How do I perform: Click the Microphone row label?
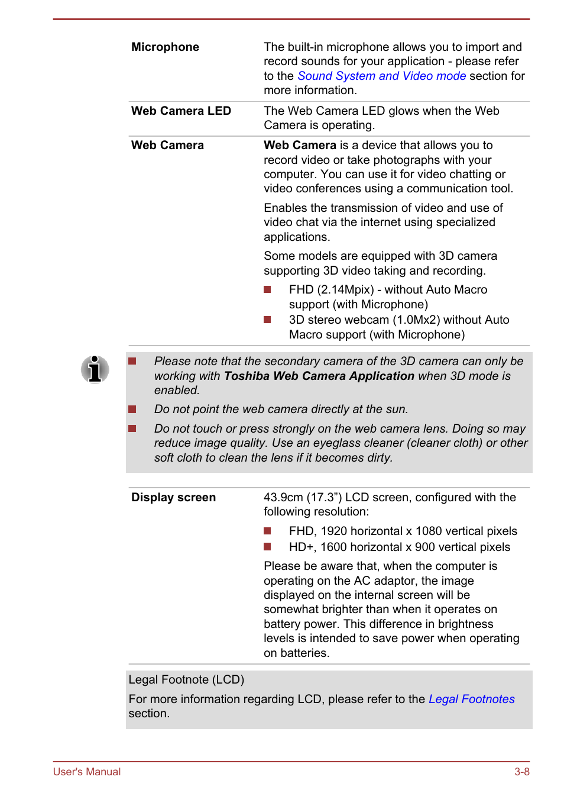click(165, 47)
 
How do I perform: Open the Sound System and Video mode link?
click(381, 76)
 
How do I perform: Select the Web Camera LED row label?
click(181, 111)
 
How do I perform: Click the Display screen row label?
click(173, 498)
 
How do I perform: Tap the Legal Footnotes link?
click(471, 700)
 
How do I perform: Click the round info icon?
click(95, 369)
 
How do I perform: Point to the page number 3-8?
click(521, 772)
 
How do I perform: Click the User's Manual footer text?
click(87, 772)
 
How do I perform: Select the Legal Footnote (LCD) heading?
click(186, 680)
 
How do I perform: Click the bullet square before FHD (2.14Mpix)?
click(267, 290)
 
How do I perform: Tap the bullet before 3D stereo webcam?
click(267, 320)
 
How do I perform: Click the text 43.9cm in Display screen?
click(283, 498)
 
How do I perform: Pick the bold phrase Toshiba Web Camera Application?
click(319, 376)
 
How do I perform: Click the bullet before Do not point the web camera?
click(132, 410)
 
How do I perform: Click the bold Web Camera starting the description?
click(300, 146)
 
